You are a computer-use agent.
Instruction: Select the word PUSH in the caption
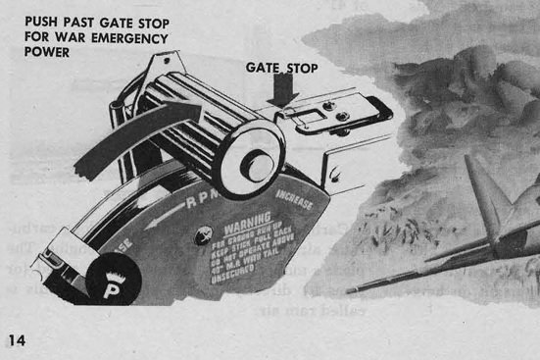click(40, 22)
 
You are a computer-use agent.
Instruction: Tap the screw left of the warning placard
click(206, 233)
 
